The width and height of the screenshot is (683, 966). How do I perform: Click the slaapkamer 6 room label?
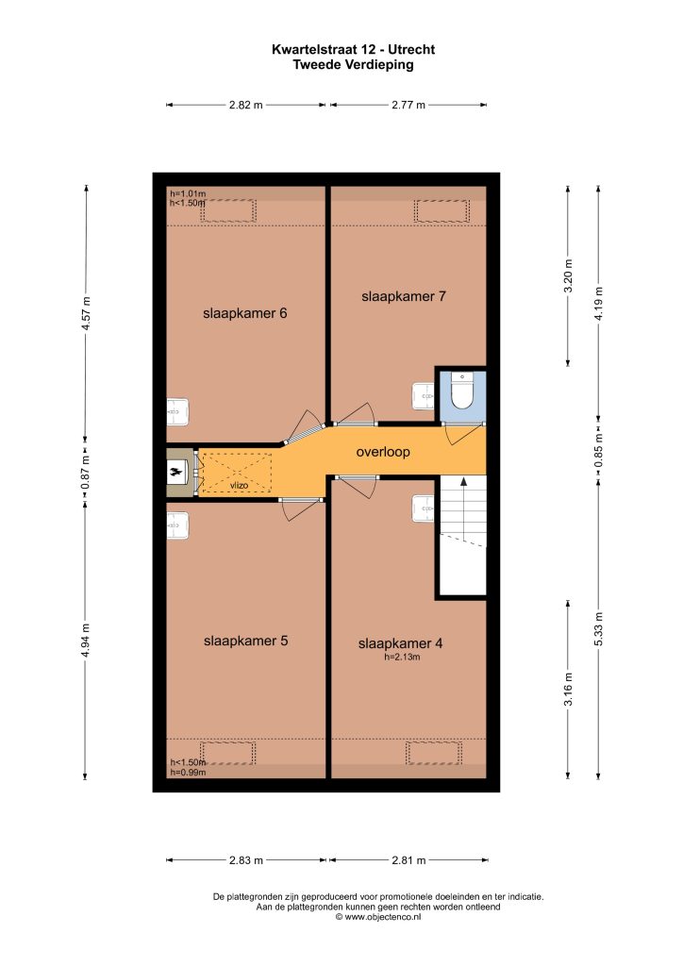244,313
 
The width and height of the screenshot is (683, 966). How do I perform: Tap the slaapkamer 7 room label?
404,296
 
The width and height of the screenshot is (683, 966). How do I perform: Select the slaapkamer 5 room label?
245,641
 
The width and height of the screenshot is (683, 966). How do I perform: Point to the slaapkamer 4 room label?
400,643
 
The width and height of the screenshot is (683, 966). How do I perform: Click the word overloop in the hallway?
383,452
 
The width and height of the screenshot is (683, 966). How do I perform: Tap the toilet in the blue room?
462,391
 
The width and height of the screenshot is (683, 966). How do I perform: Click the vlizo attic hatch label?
239,486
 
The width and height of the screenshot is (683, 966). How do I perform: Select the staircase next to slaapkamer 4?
462,535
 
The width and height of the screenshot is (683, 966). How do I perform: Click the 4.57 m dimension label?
86,314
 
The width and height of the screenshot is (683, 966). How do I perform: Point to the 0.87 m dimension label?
86,473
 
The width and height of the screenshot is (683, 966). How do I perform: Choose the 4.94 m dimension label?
86,641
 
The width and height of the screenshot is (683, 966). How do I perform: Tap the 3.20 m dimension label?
568,275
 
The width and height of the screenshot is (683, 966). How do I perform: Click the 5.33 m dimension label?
598,629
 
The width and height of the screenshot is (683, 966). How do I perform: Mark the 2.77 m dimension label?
408,105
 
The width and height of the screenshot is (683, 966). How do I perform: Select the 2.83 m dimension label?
246,860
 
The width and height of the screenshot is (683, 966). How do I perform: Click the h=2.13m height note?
402,658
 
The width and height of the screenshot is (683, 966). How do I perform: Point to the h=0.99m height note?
188,773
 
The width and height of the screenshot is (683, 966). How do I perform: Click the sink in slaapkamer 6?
177,411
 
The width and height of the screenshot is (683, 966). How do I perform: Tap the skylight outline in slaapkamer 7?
441,210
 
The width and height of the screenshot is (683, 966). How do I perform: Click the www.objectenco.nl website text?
378,917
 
